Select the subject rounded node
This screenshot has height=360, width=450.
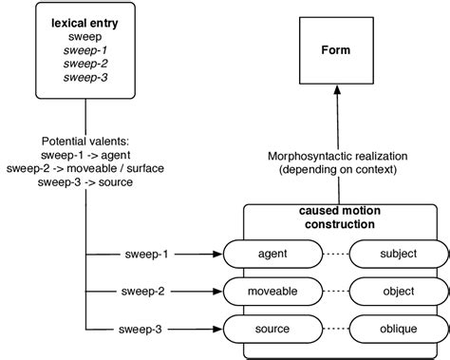399,255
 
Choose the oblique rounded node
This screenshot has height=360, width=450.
399,330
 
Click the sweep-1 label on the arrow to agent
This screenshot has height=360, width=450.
147,255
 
